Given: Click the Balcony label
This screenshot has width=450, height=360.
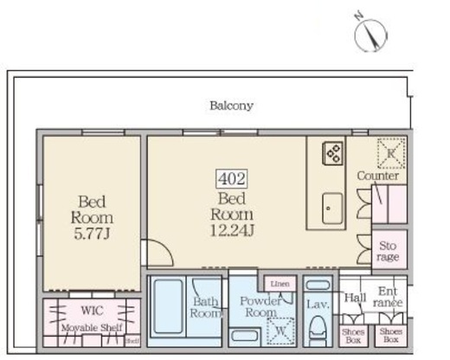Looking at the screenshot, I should click(x=231, y=106).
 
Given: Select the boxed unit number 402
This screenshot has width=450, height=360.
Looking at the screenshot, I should click(x=232, y=180).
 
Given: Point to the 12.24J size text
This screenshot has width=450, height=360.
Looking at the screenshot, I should click(x=232, y=228).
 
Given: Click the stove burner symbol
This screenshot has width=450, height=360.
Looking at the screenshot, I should click(x=332, y=153).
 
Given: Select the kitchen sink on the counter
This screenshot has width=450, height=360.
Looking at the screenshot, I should click(x=332, y=207).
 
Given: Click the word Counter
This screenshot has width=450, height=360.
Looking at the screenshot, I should click(x=378, y=177).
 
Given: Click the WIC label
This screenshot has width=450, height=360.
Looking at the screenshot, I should click(x=91, y=309).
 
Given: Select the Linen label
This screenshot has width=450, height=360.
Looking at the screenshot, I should click(x=280, y=284).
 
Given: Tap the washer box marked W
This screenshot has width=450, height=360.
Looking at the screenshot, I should click(x=280, y=329).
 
